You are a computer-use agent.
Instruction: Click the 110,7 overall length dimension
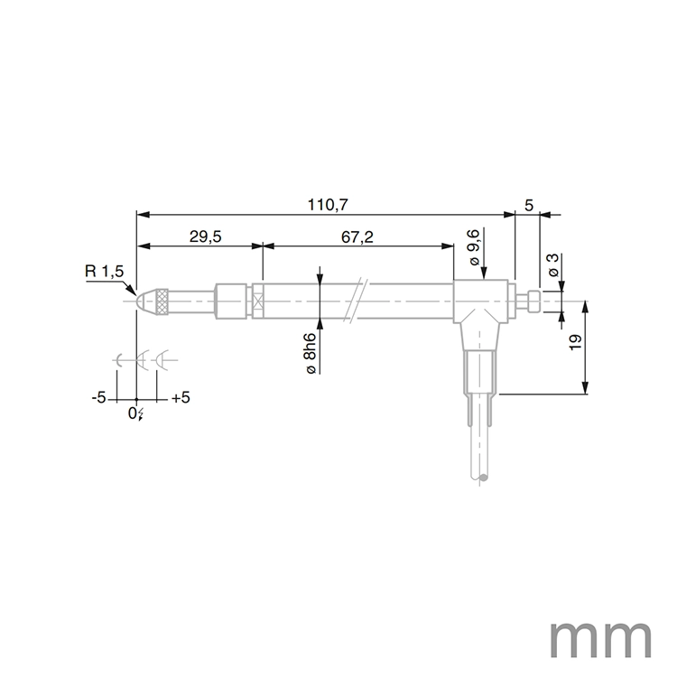coord(328,205)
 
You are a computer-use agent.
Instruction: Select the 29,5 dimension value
coord(206,236)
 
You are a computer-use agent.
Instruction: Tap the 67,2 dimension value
coord(357,236)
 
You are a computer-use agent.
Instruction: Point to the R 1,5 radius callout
coord(104,272)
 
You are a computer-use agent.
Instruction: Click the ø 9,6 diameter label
coord(477,246)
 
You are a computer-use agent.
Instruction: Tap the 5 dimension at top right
coord(529,205)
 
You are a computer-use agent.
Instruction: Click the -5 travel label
coord(99,398)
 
